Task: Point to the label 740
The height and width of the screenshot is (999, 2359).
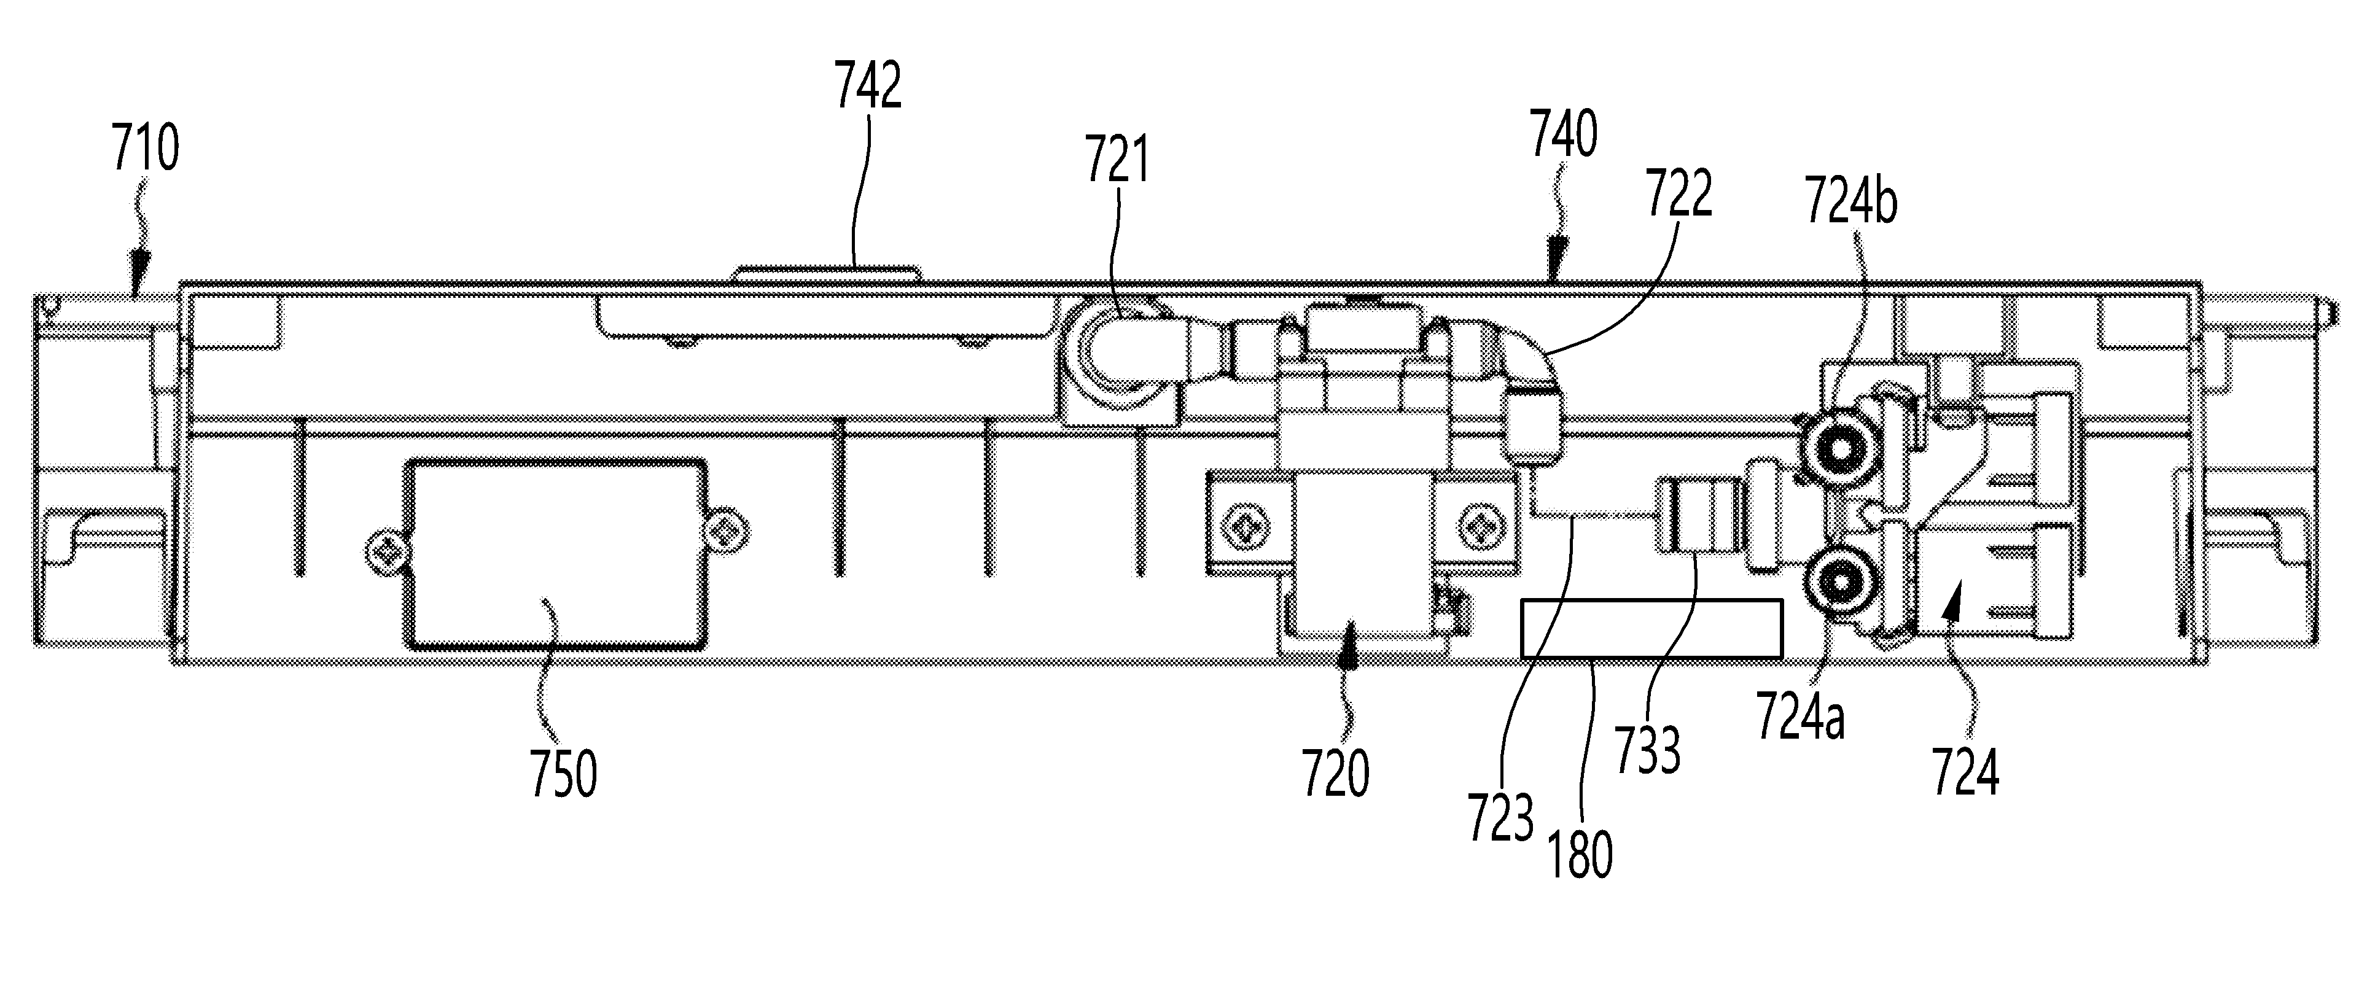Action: click(1563, 134)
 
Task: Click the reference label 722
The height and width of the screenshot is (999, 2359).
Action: click(1679, 194)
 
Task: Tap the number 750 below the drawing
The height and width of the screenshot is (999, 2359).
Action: click(563, 773)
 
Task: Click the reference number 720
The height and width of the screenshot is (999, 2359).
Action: click(1335, 773)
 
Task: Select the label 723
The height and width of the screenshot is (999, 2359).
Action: click(1500, 817)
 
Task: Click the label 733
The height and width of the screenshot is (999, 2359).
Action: click(1647, 751)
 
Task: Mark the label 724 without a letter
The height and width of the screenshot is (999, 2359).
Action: click(1965, 773)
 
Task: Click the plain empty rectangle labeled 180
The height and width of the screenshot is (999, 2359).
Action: click(1651, 628)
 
